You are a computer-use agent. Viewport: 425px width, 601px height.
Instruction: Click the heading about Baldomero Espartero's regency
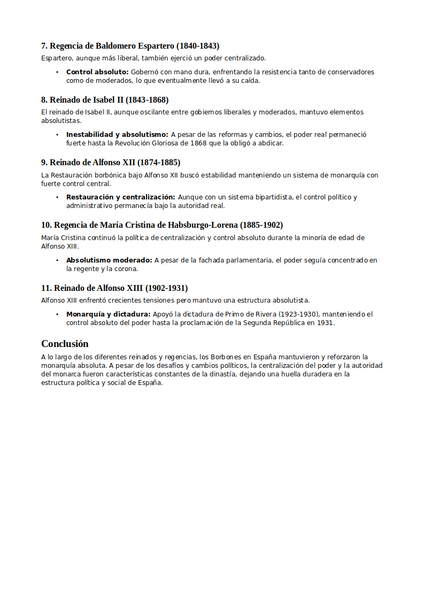[130, 46]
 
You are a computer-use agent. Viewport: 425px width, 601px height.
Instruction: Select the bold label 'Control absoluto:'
[97, 72]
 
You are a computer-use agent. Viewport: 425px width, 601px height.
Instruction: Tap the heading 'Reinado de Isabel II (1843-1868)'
[105, 100]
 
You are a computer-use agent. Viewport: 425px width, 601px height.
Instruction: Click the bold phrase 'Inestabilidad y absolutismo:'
[117, 135]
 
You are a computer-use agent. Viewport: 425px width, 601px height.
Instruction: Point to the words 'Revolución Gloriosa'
[158, 143]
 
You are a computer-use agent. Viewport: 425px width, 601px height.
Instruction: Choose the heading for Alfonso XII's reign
[111, 163]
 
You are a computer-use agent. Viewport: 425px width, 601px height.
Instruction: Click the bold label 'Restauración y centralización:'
[120, 197]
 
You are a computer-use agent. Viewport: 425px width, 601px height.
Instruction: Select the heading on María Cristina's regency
[162, 225]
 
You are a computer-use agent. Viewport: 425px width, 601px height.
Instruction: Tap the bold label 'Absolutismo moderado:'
[109, 260]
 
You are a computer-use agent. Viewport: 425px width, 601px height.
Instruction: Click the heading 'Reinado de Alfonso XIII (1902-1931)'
[114, 288]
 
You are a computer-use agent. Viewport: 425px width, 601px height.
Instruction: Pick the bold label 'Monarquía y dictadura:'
[108, 314]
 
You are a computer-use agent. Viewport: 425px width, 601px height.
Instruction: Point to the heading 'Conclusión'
[65, 344]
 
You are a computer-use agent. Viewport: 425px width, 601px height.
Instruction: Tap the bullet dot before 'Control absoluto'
[57, 72]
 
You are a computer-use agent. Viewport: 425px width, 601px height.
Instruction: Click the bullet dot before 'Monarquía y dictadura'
[57, 314]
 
